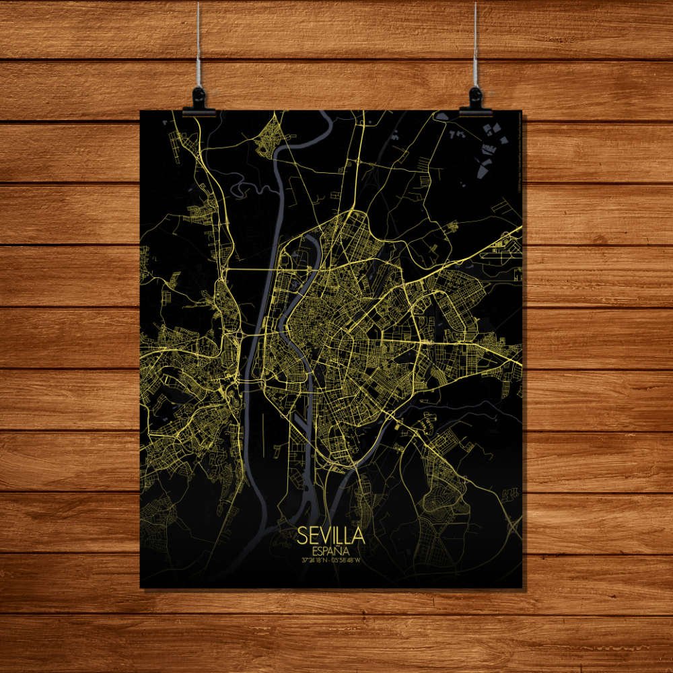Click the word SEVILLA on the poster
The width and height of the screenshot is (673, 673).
pyautogui.click(x=331, y=536)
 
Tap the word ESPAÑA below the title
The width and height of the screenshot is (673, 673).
pyautogui.click(x=331, y=550)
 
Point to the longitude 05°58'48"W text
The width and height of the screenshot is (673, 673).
pyautogui.click(x=348, y=559)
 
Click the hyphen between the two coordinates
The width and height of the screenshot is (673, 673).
pyautogui.click(x=331, y=559)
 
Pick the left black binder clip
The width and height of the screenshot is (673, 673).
pyautogui.click(x=199, y=102)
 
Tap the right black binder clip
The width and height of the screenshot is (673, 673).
pyautogui.click(x=476, y=101)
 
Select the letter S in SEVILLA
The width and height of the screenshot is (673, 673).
pyautogui.click(x=304, y=536)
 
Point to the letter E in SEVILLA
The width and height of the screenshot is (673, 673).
pyautogui.click(x=315, y=536)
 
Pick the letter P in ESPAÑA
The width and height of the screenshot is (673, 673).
pyautogui.click(x=326, y=550)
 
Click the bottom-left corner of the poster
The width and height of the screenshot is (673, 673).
pyautogui.click(x=141, y=587)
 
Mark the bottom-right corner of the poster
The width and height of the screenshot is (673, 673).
pyautogui.click(x=522, y=587)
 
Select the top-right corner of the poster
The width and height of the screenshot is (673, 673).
pyautogui.click(x=522, y=112)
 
